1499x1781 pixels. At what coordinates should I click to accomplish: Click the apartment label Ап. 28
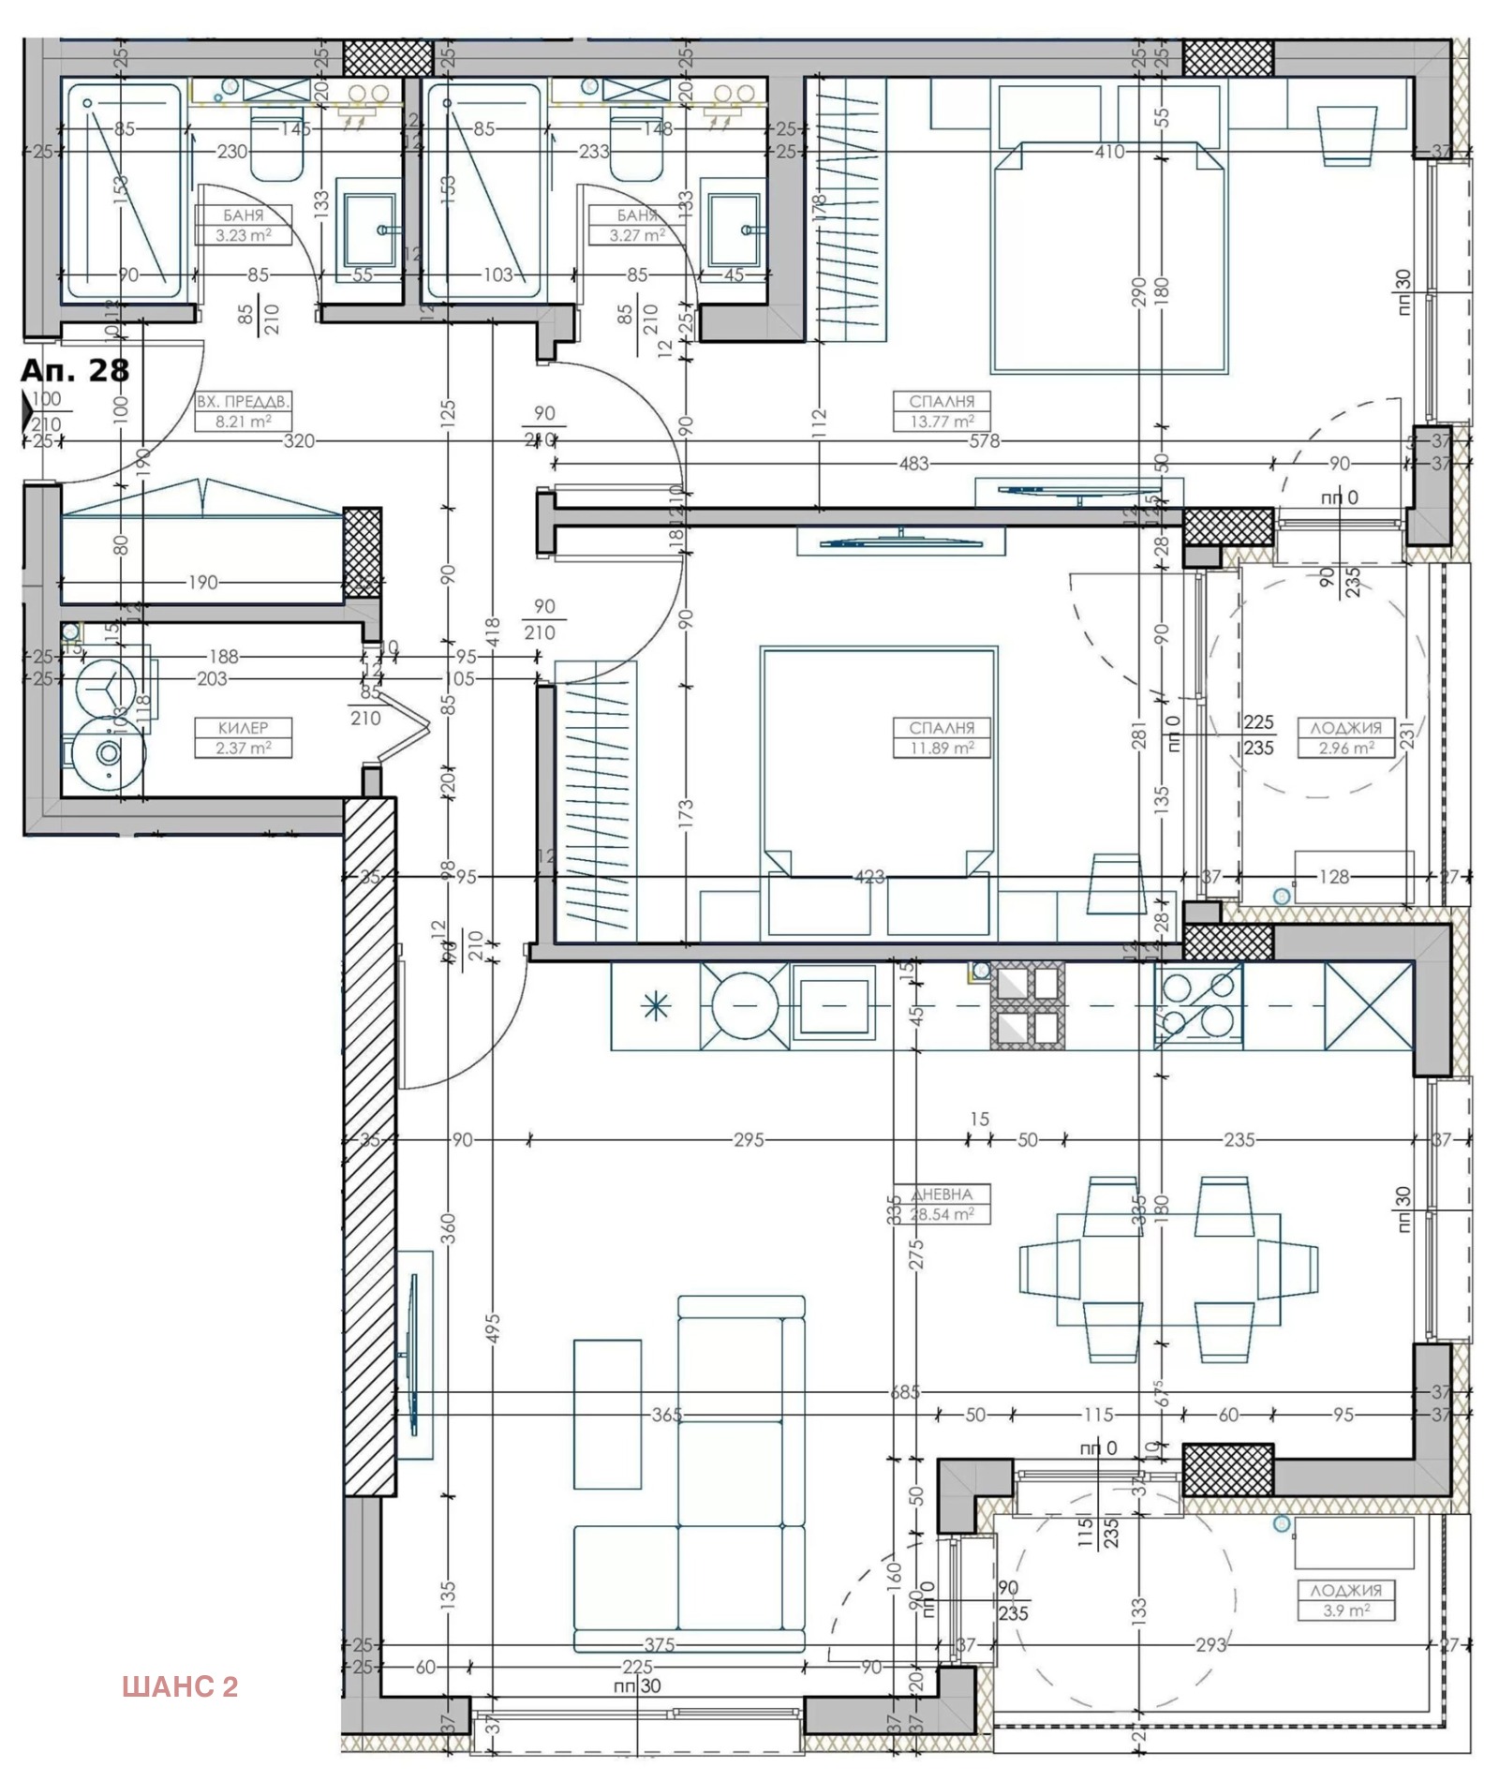(x=75, y=370)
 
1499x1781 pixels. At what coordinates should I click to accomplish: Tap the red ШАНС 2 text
(x=180, y=1686)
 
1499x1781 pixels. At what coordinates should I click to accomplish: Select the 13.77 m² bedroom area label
(x=942, y=411)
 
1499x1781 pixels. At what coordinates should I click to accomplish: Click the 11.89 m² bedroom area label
(x=942, y=737)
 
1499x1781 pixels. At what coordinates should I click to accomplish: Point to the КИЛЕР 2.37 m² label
(x=244, y=737)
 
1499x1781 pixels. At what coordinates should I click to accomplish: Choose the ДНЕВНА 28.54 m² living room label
(x=942, y=1205)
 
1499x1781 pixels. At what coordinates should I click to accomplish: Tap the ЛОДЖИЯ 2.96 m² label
(x=1345, y=737)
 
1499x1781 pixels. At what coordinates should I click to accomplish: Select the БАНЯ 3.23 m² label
(x=244, y=226)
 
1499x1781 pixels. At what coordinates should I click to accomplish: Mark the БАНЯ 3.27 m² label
(x=637, y=226)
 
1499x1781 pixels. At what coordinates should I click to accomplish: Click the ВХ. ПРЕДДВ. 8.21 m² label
(x=244, y=411)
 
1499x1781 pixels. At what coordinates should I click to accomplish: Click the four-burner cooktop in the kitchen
(x=1198, y=1006)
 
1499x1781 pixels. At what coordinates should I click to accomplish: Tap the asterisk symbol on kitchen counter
(x=655, y=1007)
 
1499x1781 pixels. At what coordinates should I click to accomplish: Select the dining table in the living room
(x=1168, y=1269)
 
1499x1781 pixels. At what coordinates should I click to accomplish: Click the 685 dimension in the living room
(x=905, y=1392)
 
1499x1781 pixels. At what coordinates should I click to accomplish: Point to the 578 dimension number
(x=984, y=441)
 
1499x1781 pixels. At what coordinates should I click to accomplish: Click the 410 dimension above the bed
(x=1109, y=152)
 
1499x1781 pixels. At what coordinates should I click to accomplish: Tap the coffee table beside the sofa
(x=607, y=1413)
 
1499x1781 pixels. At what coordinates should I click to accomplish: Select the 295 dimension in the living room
(x=748, y=1140)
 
